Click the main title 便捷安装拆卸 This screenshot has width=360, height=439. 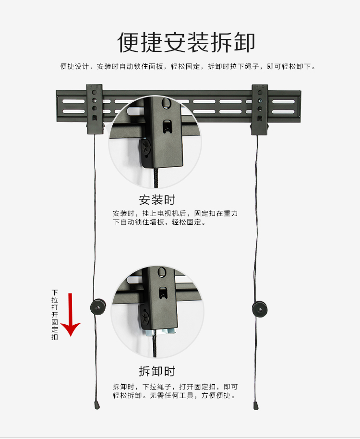click(186, 42)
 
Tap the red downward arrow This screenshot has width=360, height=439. click(70, 314)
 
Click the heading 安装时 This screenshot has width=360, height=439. click(157, 200)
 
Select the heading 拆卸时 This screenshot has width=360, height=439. click(157, 371)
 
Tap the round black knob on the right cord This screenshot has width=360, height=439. click(260, 309)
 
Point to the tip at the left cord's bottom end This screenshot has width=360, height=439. click(97, 406)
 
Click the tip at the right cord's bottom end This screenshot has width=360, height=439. click(256, 406)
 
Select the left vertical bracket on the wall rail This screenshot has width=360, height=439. click(95, 109)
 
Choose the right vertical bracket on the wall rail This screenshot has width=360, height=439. click(260, 110)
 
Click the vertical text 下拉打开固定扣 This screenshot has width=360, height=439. click(55, 315)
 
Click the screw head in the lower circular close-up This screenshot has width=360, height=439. click(145, 317)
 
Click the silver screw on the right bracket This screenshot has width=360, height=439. click(260, 101)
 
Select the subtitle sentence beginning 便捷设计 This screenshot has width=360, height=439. click(188, 67)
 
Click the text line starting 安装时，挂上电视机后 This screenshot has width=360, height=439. click(175, 214)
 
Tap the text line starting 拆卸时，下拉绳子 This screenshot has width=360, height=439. click(175, 387)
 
